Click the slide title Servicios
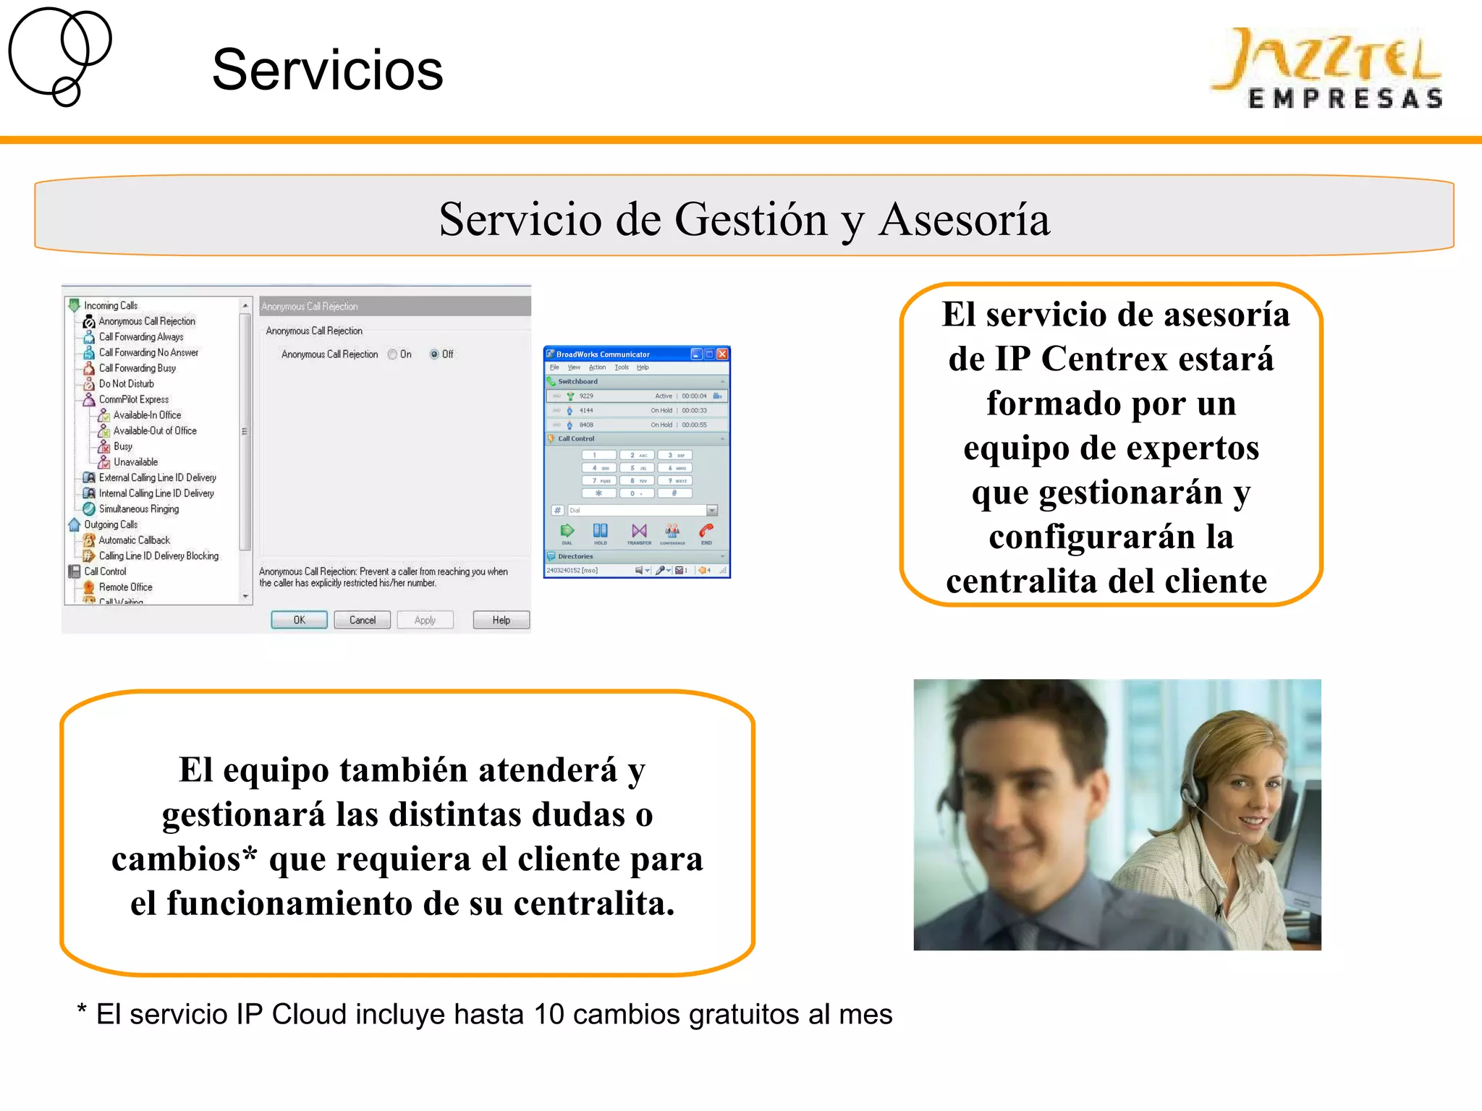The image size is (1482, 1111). (x=327, y=70)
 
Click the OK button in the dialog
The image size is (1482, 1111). (x=299, y=620)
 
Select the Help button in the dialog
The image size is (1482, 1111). (x=501, y=620)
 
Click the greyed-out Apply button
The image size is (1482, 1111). (x=425, y=620)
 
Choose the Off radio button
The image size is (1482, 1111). (x=434, y=354)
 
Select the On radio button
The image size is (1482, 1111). (x=392, y=354)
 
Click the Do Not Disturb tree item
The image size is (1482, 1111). (x=126, y=384)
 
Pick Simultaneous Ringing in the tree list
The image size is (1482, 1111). (x=138, y=509)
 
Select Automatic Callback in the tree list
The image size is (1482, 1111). (x=134, y=540)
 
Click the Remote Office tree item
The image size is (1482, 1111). (x=125, y=587)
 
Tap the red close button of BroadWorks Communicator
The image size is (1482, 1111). (x=722, y=354)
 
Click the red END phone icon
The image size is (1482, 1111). (x=706, y=532)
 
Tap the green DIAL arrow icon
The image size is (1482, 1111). (x=567, y=532)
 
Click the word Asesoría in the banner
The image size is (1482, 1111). (x=964, y=219)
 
